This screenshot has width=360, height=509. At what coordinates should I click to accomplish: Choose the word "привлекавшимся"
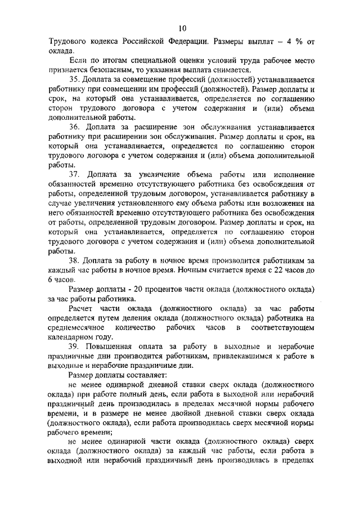(223, 356)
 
